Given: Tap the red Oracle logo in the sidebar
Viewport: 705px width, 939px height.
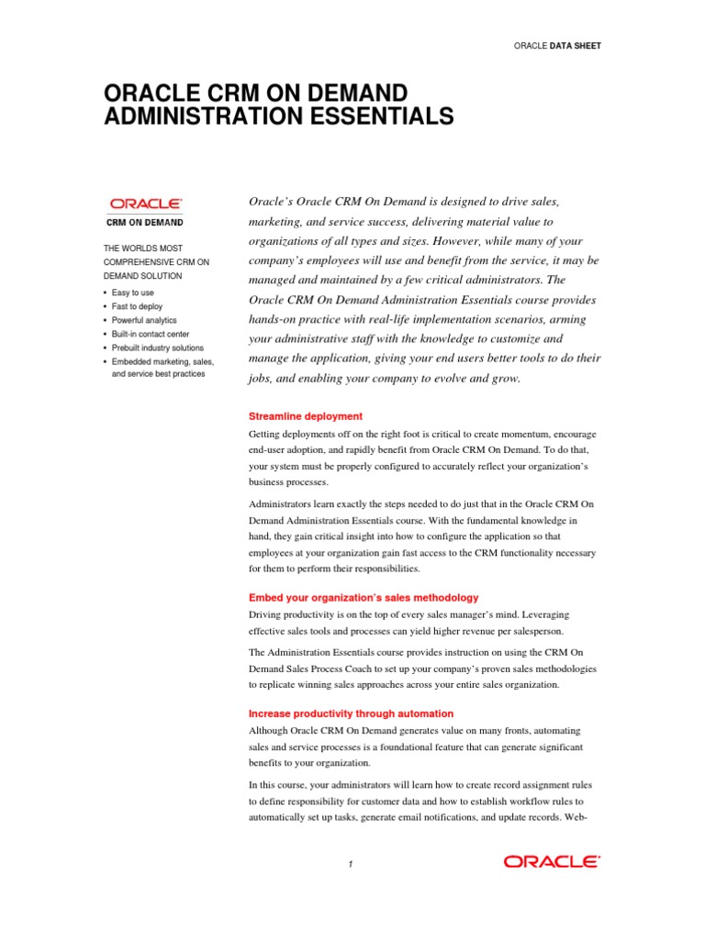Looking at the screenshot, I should (146, 204).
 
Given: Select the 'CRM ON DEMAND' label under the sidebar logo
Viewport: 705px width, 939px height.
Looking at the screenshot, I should (146, 222).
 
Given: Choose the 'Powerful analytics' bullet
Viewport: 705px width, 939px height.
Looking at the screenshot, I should (144, 320).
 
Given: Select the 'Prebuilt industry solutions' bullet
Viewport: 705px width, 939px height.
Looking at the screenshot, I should (158, 348).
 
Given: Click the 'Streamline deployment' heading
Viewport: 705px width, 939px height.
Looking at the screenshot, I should (306, 416).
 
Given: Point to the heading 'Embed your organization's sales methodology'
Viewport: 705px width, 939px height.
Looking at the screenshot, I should (364, 597).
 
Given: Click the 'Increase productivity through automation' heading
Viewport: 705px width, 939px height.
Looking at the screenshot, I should (351, 713).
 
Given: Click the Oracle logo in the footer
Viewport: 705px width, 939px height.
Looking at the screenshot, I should (551, 861).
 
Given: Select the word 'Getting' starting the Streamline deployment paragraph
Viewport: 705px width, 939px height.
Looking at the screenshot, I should (266, 433).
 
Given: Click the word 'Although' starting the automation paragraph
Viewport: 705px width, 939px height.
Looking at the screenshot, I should (271, 730).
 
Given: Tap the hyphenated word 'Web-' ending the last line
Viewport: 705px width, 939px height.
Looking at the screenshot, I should (576, 815).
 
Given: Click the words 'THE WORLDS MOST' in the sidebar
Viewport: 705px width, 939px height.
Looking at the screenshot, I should (142, 249).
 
